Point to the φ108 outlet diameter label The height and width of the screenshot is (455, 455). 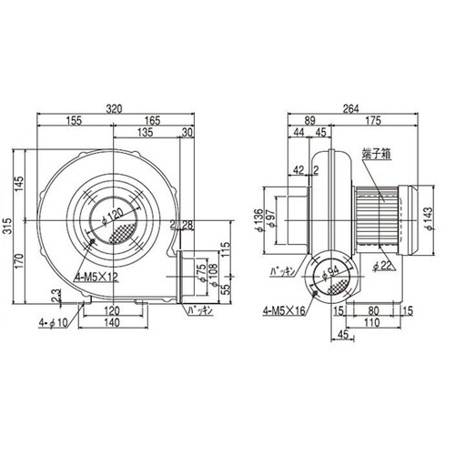[214, 278]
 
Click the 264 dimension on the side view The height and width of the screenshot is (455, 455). [349, 107]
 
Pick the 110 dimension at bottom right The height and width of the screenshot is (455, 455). [371, 321]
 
